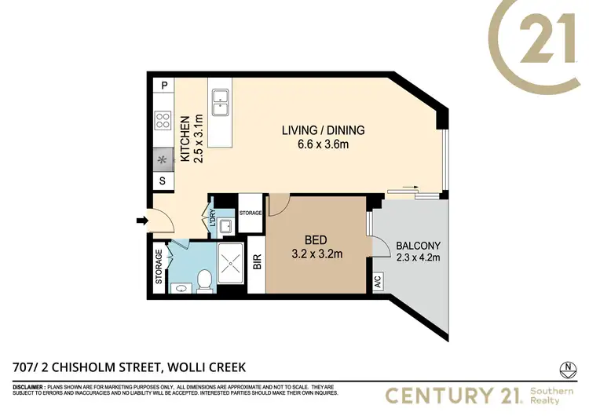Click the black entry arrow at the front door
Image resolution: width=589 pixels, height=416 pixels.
coord(141,221)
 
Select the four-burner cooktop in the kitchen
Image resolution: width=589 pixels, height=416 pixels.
coord(164,121)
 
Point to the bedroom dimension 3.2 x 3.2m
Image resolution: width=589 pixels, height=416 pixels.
coord(317,254)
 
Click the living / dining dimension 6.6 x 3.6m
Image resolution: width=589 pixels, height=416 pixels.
coord(324,144)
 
